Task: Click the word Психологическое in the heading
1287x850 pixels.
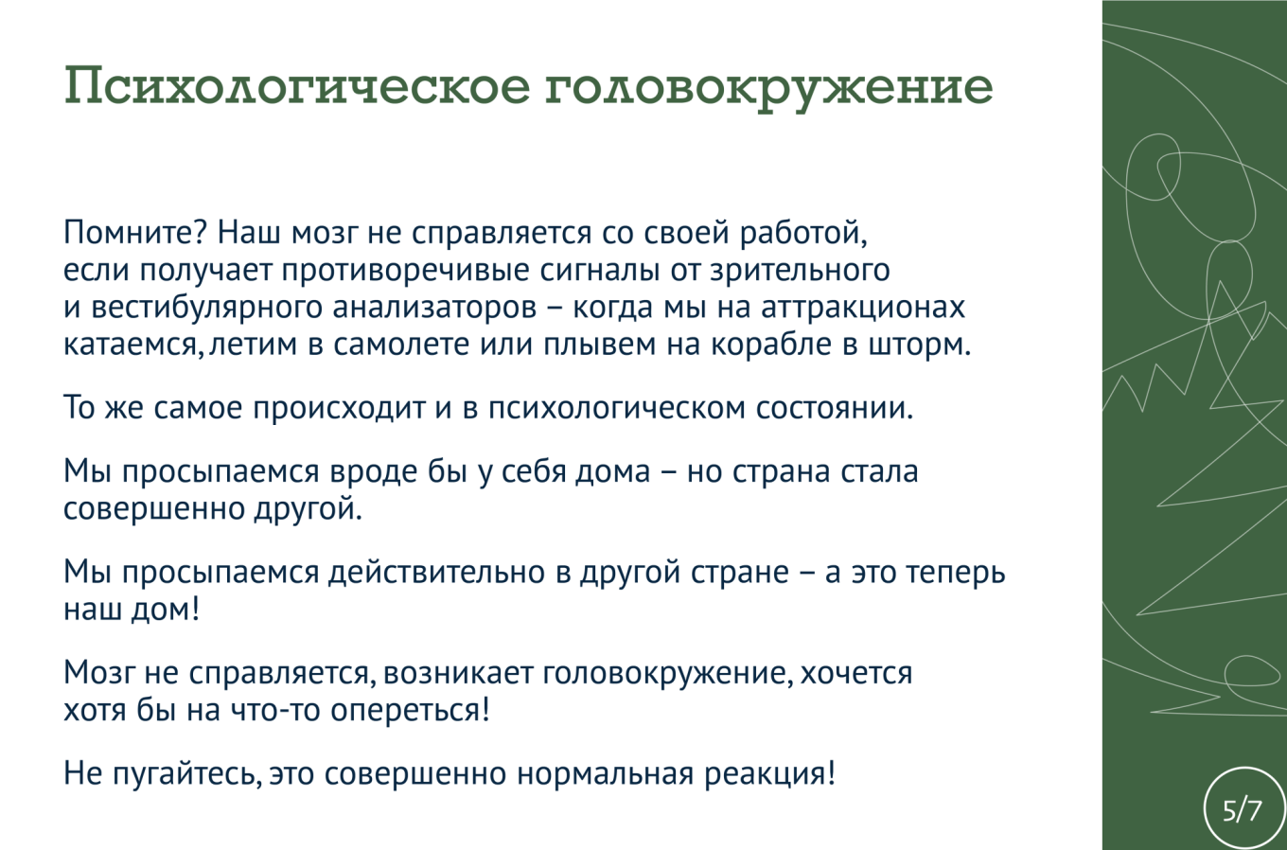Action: coord(295,87)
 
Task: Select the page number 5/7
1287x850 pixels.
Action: coord(1242,810)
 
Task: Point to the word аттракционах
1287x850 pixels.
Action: coord(863,308)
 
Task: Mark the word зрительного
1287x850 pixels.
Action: coord(800,271)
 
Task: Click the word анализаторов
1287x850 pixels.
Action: coord(434,308)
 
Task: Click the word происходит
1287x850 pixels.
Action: coord(340,408)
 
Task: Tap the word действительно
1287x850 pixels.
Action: coord(436,572)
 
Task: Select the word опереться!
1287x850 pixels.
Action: coord(411,710)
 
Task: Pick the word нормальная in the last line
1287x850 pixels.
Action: coord(605,773)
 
